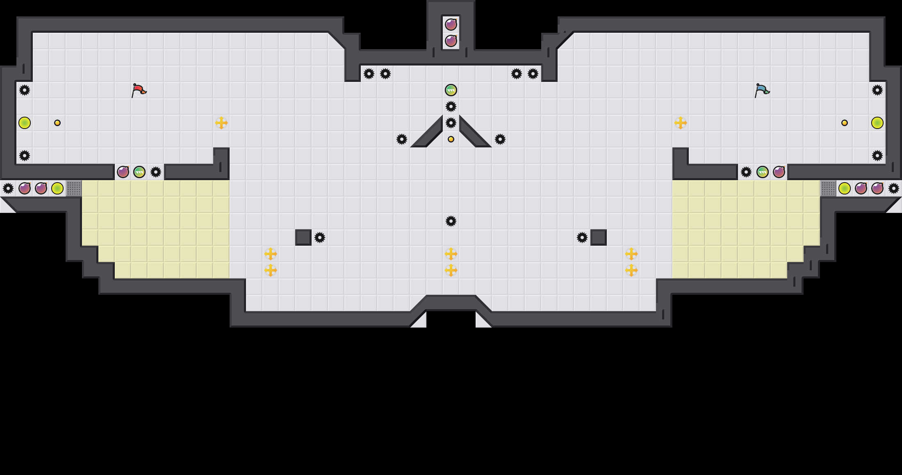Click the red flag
pyautogui.click(x=139, y=90)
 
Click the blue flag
pyautogui.click(x=762, y=90)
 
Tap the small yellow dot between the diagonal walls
pyautogui.click(x=451, y=139)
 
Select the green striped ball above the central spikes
pyautogui.click(x=451, y=90)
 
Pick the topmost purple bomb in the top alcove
pyautogui.click(x=451, y=25)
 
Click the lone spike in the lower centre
pyautogui.click(x=451, y=221)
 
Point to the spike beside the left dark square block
pyautogui.click(x=320, y=237)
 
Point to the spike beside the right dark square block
pyautogui.click(x=582, y=237)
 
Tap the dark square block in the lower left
pyautogui.click(x=303, y=237)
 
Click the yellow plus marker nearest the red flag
pyautogui.click(x=221, y=123)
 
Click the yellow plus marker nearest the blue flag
pyautogui.click(x=681, y=123)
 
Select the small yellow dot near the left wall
pyautogui.click(x=57, y=123)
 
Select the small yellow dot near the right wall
pyautogui.click(x=845, y=123)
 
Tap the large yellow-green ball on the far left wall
pyautogui.click(x=25, y=123)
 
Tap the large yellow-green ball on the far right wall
pyautogui.click(x=877, y=123)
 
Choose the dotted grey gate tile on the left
pyautogui.click(x=74, y=188)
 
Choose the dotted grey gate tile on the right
pyautogui.click(x=828, y=188)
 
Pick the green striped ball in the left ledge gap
pyautogui.click(x=139, y=172)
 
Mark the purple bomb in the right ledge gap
pyautogui.click(x=779, y=172)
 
